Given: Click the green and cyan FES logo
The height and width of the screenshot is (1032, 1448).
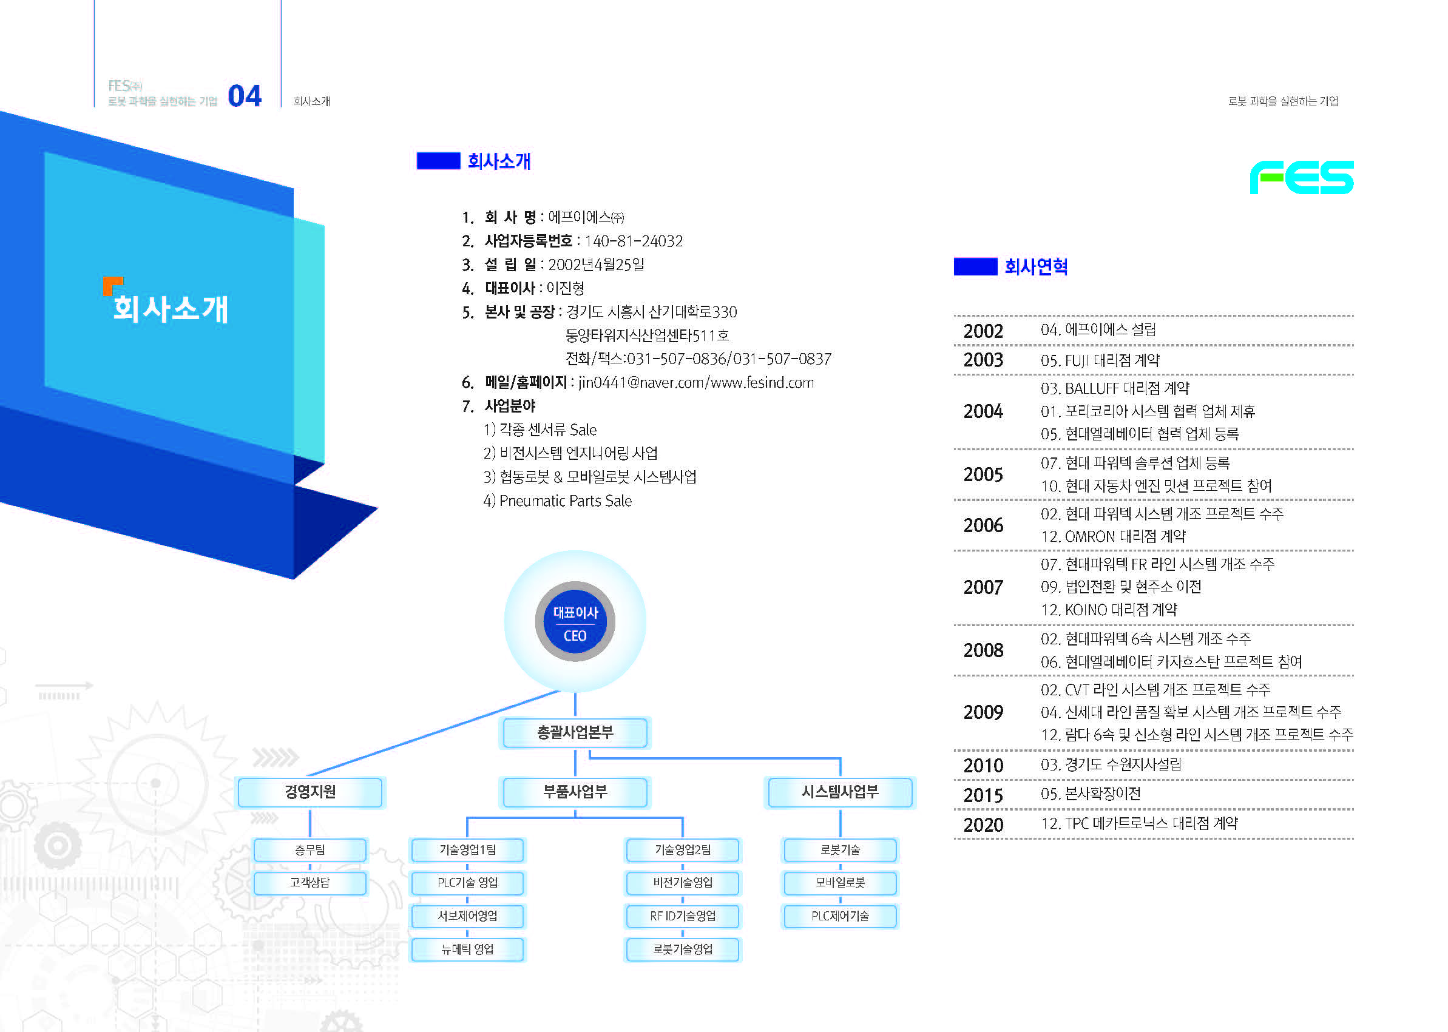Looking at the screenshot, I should click(1301, 177).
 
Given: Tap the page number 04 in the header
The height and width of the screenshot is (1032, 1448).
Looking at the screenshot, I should click(245, 96).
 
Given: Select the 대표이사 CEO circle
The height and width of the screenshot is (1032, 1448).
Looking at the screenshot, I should click(575, 621).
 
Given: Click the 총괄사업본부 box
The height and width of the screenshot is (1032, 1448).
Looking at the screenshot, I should click(575, 733).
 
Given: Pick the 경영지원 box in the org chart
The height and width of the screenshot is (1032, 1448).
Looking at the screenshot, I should click(310, 792).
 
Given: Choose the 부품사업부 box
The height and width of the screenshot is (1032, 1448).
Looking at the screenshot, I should click(575, 792).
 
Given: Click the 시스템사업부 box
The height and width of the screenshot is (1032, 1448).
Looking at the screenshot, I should click(840, 792).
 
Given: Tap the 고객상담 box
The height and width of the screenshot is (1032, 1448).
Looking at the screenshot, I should click(310, 883).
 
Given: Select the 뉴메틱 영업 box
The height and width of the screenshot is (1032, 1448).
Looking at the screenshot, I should click(467, 949).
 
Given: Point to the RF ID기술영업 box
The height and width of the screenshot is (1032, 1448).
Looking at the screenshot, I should click(683, 916).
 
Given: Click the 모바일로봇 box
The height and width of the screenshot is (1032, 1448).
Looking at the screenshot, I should click(840, 883).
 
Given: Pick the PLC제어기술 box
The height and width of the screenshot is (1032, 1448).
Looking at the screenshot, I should click(840, 916).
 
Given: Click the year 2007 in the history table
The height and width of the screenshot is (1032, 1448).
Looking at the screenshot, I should click(983, 587).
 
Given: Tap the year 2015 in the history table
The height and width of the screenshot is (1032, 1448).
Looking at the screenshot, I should click(983, 795).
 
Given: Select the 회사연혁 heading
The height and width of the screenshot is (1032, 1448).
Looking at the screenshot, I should click(1035, 267).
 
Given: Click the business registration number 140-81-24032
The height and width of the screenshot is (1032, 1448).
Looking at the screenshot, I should click(633, 241).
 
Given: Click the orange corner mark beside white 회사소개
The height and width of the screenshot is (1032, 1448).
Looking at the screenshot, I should click(112, 285).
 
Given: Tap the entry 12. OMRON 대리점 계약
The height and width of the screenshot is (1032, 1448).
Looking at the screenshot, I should click(1112, 536).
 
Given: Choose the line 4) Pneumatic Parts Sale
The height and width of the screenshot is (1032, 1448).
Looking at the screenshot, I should click(558, 501).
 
